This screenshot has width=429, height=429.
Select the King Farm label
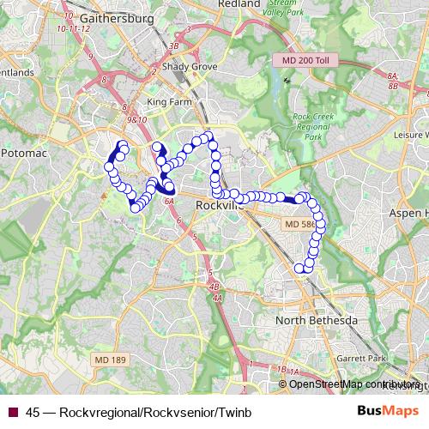pos(166,102)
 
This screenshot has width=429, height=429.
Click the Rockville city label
pos(220,206)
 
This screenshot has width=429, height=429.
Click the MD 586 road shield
pos(299,224)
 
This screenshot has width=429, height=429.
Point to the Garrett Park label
pos(363,357)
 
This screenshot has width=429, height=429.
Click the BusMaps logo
pos(388,412)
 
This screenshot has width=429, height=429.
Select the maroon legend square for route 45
pos(12,413)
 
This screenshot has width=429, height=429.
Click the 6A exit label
pos(169,201)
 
